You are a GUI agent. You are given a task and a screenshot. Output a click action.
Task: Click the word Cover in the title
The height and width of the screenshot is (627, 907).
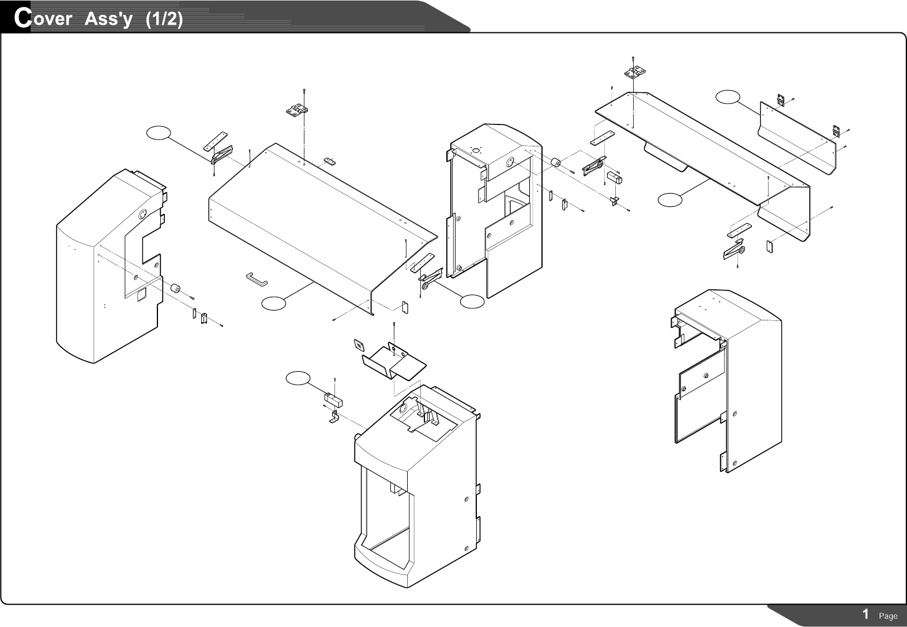pyautogui.click(x=43, y=18)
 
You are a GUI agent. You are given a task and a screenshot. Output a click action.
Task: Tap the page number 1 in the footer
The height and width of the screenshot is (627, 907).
pyautogui.click(x=865, y=614)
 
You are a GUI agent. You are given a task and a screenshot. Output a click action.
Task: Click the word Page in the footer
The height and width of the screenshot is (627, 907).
pyautogui.click(x=888, y=616)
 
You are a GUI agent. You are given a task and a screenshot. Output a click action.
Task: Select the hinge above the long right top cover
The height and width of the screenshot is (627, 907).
pyautogui.click(x=635, y=72)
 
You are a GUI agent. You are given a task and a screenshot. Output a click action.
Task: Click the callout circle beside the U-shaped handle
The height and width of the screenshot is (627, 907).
pyautogui.click(x=273, y=303)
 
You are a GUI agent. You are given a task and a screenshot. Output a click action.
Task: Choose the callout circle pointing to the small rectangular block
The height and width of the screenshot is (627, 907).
pyautogui.click(x=298, y=378)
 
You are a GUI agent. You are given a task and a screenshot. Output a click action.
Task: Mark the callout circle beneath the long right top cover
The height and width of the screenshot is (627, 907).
pyautogui.click(x=670, y=199)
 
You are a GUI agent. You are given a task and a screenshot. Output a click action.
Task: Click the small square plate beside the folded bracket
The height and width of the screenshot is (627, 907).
pyautogui.click(x=359, y=345)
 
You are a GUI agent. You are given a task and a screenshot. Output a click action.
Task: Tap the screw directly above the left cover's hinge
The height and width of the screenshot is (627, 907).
pyautogui.click(x=304, y=92)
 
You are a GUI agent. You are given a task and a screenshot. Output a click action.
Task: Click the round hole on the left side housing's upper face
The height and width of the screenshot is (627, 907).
pyautogui.click(x=140, y=216)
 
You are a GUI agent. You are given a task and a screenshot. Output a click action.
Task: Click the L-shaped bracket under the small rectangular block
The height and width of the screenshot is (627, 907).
pyautogui.click(x=333, y=418)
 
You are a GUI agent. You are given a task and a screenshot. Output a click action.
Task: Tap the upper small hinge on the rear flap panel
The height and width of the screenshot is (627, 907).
pyautogui.click(x=781, y=100)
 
